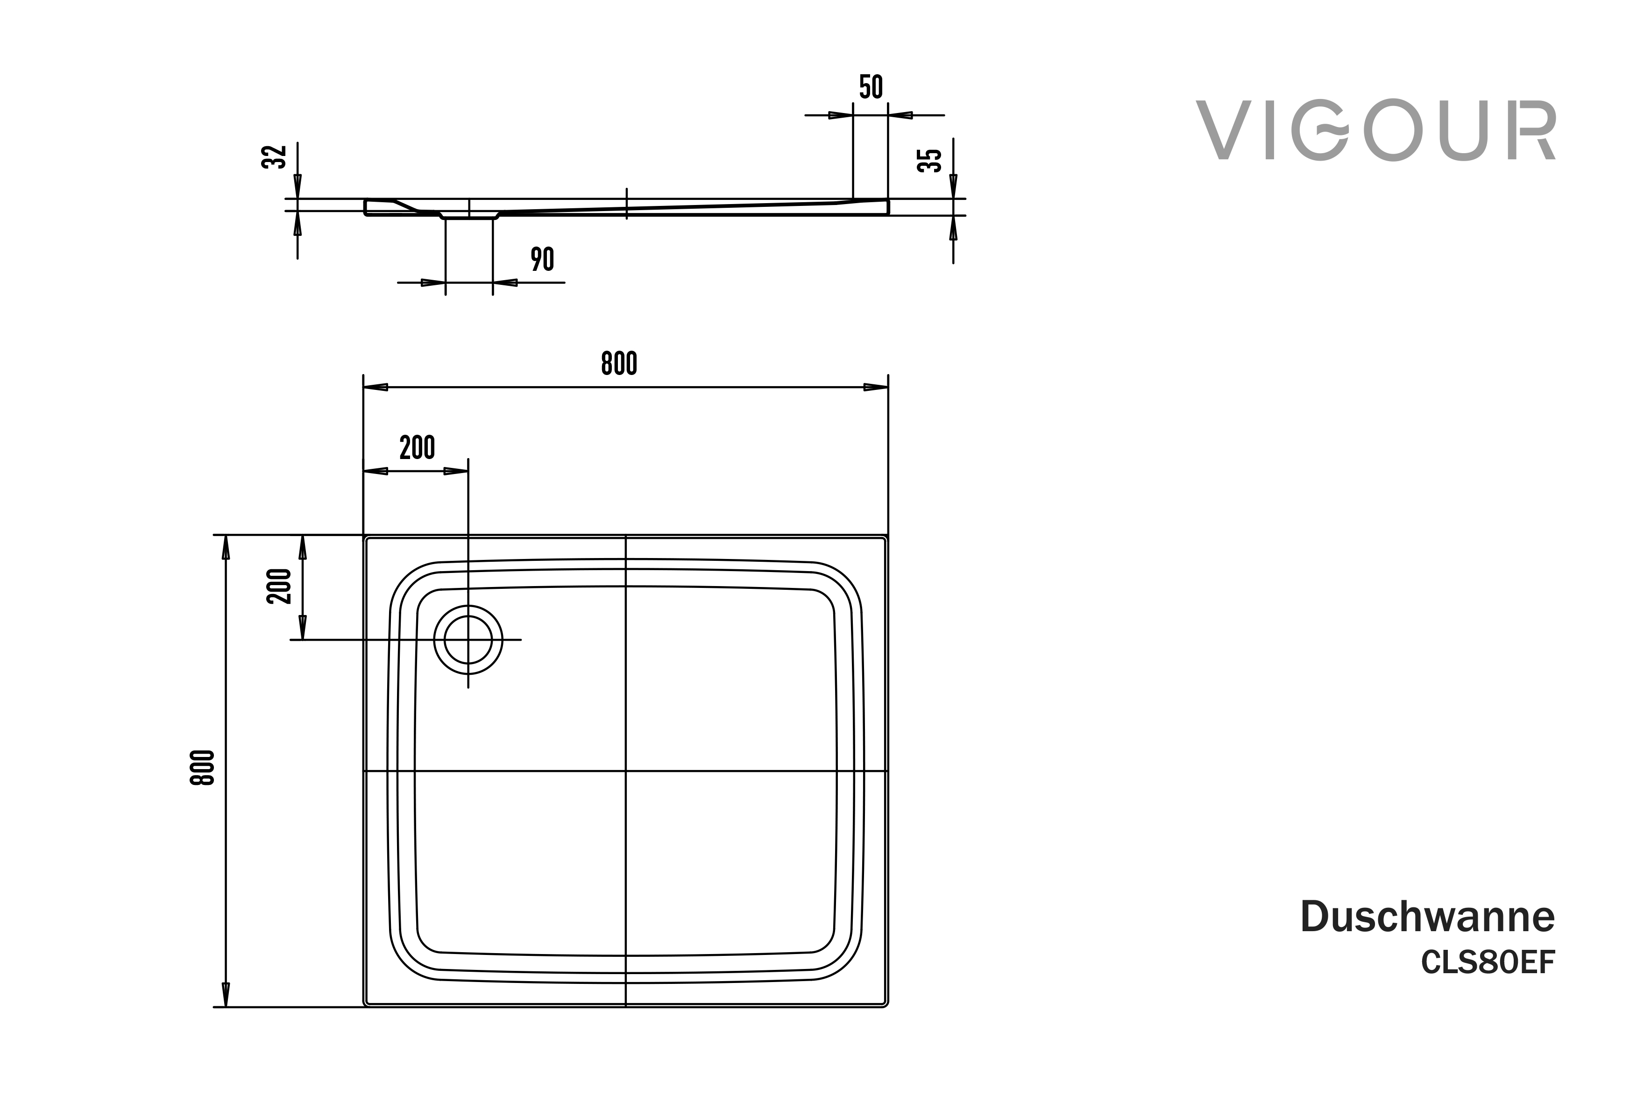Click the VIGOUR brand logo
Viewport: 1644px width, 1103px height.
(x=1375, y=131)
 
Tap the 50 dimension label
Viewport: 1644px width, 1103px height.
(x=870, y=86)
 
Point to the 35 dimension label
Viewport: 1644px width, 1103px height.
(x=929, y=160)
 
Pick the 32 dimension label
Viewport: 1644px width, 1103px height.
(x=274, y=157)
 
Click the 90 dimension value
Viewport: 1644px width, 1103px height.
(x=542, y=259)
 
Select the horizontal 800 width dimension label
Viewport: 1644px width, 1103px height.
(x=619, y=363)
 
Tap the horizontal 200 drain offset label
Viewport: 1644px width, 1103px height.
(x=417, y=447)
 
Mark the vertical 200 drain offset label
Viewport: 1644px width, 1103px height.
(x=278, y=586)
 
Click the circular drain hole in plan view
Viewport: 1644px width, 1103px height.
(x=468, y=639)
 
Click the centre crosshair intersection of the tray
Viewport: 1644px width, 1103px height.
(x=625, y=771)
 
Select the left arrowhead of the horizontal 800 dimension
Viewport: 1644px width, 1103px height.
(x=376, y=387)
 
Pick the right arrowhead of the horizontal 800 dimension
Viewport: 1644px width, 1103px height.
(x=876, y=387)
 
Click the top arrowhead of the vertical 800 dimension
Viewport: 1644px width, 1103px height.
(x=226, y=547)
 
